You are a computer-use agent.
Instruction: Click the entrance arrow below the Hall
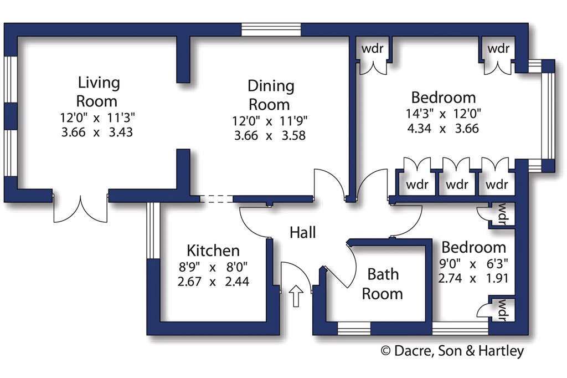(x=296, y=295)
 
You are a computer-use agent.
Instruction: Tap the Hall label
(x=303, y=232)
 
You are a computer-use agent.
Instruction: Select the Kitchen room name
(x=213, y=251)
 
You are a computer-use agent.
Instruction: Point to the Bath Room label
(x=383, y=284)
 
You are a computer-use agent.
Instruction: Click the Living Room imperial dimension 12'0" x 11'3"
(x=97, y=118)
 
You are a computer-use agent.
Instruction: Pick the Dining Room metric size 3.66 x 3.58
(x=270, y=135)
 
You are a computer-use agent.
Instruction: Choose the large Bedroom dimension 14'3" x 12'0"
(x=444, y=114)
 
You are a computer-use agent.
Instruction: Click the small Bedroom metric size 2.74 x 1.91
(x=473, y=278)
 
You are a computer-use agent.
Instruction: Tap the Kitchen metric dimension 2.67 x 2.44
(x=213, y=282)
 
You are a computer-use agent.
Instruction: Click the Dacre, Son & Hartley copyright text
(x=452, y=351)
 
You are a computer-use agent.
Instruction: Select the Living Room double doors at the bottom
(x=81, y=209)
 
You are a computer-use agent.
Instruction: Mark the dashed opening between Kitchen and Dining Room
(x=217, y=198)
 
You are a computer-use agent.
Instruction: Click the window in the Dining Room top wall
(x=271, y=29)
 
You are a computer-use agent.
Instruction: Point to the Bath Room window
(x=354, y=329)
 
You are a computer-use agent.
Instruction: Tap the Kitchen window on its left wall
(x=153, y=231)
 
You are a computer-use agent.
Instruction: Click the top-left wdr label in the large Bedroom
(x=372, y=48)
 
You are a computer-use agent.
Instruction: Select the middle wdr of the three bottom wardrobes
(x=457, y=185)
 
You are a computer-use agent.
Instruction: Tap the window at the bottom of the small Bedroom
(x=460, y=329)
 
